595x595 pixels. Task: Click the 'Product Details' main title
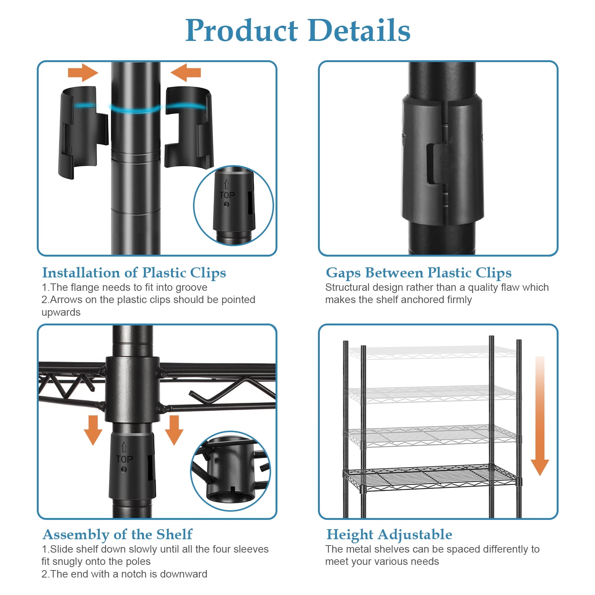[x=298, y=30]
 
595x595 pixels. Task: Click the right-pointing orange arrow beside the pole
[x=83, y=73]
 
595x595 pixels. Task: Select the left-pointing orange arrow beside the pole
[x=186, y=73]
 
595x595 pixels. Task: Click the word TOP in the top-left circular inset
[x=227, y=195]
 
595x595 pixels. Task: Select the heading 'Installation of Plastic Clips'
[x=134, y=273]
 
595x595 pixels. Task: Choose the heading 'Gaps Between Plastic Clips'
[x=419, y=273]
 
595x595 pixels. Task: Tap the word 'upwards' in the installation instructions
[x=61, y=312]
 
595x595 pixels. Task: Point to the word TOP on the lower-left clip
[x=124, y=459]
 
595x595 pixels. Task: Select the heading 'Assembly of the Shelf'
[x=118, y=534]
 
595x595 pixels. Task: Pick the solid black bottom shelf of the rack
[x=431, y=477]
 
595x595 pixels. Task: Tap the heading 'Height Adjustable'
[x=389, y=534]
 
